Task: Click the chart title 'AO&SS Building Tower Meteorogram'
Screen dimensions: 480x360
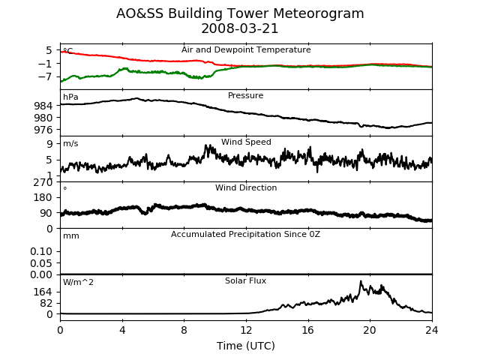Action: (240, 13)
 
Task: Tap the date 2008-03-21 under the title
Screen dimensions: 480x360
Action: (240, 28)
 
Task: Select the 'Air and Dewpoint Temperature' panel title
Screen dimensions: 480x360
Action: (246, 50)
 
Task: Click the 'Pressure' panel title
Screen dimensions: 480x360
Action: (245, 95)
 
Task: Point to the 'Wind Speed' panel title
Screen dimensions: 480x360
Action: (246, 142)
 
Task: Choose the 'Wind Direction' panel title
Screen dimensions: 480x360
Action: (246, 187)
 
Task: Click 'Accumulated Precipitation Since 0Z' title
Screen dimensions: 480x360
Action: (245, 234)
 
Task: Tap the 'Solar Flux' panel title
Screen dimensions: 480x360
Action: (245, 280)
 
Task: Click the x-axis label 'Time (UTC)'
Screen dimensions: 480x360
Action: (246, 346)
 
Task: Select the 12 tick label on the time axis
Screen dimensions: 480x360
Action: (246, 330)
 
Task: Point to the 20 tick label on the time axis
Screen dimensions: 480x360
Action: (370, 330)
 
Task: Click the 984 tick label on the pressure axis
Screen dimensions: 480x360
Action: (43, 106)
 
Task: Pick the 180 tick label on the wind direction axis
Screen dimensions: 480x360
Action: (43, 197)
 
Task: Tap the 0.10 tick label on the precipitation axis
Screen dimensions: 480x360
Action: (41, 251)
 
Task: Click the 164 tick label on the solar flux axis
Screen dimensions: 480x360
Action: (43, 292)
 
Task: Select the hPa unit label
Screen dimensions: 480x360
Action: (70, 97)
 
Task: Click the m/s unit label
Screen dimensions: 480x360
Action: (70, 143)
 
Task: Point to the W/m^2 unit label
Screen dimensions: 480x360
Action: (78, 282)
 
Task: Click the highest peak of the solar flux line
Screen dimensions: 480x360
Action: (361, 281)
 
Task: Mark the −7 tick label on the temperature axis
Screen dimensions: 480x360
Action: (45, 76)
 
